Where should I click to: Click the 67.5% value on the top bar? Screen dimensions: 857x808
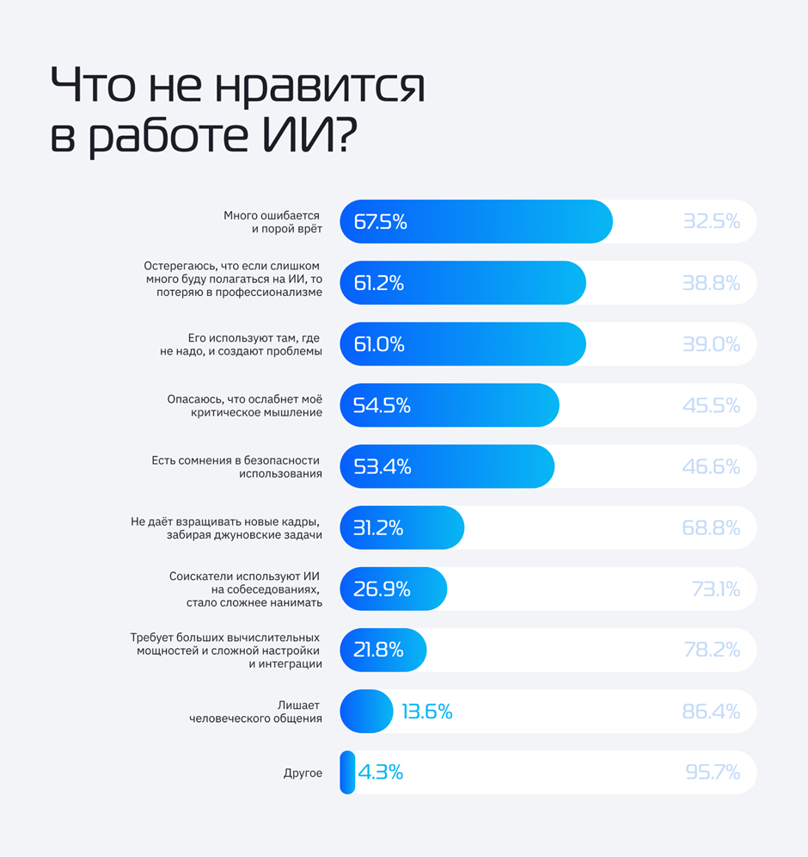pyautogui.click(x=380, y=222)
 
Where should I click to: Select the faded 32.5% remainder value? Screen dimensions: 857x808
pyautogui.click(x=711, y=222)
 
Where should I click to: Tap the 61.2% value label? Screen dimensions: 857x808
pyautogui.click(x=378, y=283)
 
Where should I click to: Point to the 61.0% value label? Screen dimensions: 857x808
pyautogui.click(x=379, y=344)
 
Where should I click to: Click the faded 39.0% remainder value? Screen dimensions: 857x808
pyautogui.click(x=711, y=344)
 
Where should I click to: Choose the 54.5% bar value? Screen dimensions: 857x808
pyautogui.click(x=382, y=405)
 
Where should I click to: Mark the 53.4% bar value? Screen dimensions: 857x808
pyautogui.click(x=382, y=466)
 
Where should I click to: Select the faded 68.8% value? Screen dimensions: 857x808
pyautogui.click(x=711, y=527)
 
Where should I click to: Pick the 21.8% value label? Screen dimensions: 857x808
pyautogui.click(x=378, y=650)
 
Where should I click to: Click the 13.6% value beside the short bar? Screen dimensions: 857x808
pyautogui.click(x=426, y=712)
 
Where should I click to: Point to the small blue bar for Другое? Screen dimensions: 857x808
pyautogui.click(x=347, y=773)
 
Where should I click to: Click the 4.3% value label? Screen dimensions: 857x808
pyautogui.click(x=380, y=773)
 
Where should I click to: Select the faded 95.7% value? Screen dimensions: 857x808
pyautogui.click(x=713, y=773)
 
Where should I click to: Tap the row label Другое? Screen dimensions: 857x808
pyautogui.click(x=303, y=773)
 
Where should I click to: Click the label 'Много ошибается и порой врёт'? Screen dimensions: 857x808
pyautogui.click(x=272, y=222)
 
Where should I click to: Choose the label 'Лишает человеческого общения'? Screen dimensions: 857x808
pyautogui.click(x=256, y=712)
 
